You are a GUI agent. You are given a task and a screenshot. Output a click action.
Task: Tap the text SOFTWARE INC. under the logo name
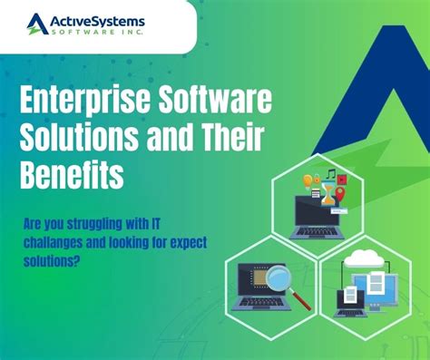pyautogui.click(x=98, y=34)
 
